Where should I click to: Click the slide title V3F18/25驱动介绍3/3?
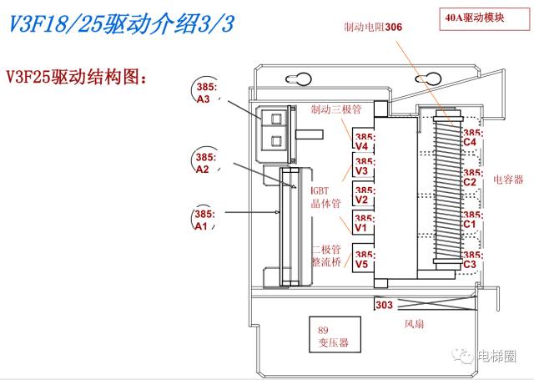(121, 25)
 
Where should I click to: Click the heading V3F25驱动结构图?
(76, 78)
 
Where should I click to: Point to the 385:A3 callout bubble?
(204, 93)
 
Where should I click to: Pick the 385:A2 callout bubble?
(203, 162)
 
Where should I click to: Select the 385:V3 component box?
(362, 166)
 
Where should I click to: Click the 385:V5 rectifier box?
(362, 258)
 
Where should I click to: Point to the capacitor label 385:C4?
(471, 137)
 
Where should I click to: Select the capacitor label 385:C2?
(471, 177)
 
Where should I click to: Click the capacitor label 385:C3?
(471, 259)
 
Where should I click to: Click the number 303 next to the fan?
(384, 306)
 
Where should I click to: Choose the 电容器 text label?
(507, 179)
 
